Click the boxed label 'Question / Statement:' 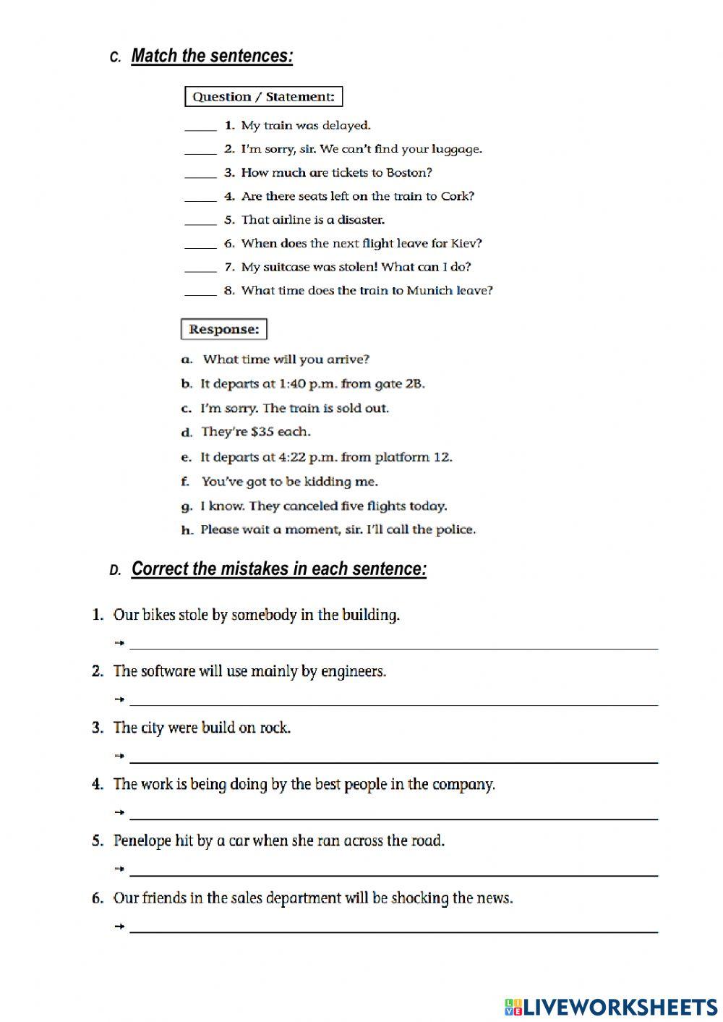pyautogui.click(x=263, y=97)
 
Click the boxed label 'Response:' pyautogui.click(x=223, y=330)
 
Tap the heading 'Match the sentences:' pyautogui.click(x=212, y=56)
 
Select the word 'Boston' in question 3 pyautogui.click(x=408, y=173)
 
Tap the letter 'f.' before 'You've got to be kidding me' pyautogui.click(x=186, y=482)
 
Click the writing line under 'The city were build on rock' pyautogui.click(x=394, y=761)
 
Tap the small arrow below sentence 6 pyautogui.click(x=119, y=927)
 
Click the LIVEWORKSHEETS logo pyautogui.click(x=611, y=1007)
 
